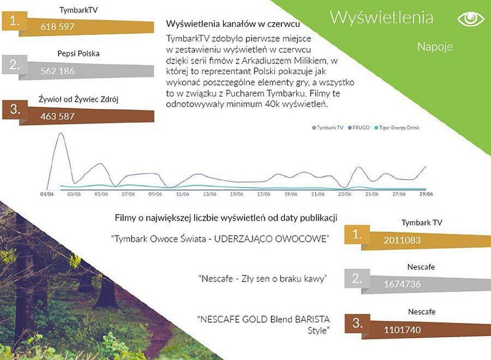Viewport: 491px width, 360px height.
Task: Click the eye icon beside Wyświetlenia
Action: click(471, 19)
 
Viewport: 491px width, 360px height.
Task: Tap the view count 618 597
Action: click(57, 27)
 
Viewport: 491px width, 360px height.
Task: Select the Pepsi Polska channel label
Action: click(78, 53)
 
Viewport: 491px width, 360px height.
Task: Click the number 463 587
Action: click(57, 116)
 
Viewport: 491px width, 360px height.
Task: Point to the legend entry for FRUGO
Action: click(359, 128)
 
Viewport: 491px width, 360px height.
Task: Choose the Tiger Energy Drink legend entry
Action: click(397, 128)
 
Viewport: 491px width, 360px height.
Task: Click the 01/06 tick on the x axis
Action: click(47, 194)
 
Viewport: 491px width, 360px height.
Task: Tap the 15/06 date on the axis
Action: click(236, 194)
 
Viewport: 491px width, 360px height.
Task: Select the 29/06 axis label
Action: click(426, 194)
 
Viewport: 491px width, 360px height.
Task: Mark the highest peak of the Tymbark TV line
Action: click(61, 133)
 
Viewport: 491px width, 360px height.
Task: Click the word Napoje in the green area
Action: click(435, 47)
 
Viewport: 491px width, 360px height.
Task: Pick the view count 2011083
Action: click(402, 240)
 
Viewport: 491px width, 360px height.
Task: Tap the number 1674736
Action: click(402, 284)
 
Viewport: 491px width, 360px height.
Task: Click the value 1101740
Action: click(402, 329)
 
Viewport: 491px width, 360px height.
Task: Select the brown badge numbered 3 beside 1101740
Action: click(357, 323)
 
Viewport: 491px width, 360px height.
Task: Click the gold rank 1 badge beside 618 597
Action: click(14, 21)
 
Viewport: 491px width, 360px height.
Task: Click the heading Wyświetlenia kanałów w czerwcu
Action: click(233, 24)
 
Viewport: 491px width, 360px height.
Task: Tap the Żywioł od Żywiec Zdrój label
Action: click(78, 100)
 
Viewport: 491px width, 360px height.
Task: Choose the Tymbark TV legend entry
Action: click(328, 128)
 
